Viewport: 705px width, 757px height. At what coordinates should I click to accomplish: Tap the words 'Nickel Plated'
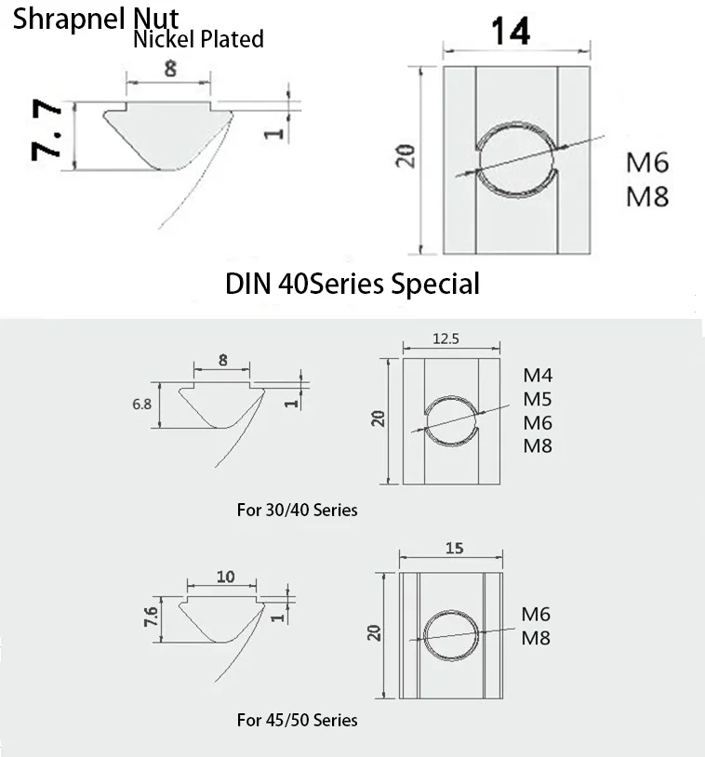point(198,39)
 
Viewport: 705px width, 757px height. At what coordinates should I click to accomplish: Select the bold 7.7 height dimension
point(48,133)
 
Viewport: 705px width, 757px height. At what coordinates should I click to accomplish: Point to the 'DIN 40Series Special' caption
point(352,283)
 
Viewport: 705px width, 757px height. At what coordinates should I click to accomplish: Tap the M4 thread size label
point(538,377)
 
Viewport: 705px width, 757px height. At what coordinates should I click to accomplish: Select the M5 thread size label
point(538,400)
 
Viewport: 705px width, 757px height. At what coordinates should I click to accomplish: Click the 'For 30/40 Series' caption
point(297,510)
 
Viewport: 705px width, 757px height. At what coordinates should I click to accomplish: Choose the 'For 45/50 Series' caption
point(297,720)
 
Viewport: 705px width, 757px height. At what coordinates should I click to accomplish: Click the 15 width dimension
point(454,549)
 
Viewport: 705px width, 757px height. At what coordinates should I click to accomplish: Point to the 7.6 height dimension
point(153,615)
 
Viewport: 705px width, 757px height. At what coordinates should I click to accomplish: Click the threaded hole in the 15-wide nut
point(451,634)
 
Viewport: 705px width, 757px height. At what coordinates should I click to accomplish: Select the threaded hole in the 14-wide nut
point(516,159)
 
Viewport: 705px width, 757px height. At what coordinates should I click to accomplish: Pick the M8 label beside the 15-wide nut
point(536,638)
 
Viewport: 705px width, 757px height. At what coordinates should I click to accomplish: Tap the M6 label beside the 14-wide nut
point(646,163)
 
